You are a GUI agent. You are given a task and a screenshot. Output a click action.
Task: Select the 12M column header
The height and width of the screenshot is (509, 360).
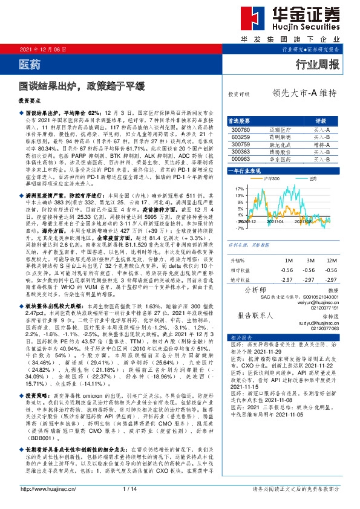tap(330, 259)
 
